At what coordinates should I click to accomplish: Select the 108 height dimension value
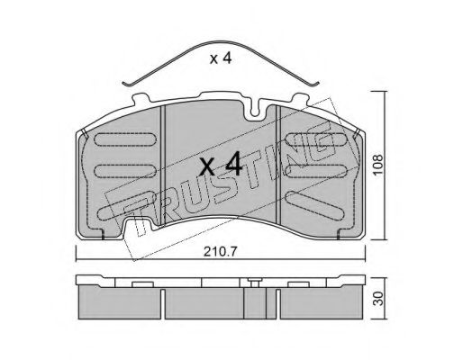click(x=378, y=166)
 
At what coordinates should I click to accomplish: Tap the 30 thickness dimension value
click(x=379, y=299)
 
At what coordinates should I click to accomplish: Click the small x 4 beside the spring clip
click(x=221, y=58)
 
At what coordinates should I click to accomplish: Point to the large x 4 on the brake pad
click(x=221, y=164)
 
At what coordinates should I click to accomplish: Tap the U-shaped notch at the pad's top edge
click(x=255, y=111)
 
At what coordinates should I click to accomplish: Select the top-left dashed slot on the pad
click(x=125, y=139)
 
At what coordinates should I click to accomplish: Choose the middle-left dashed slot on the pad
click(x=125, y=171)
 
